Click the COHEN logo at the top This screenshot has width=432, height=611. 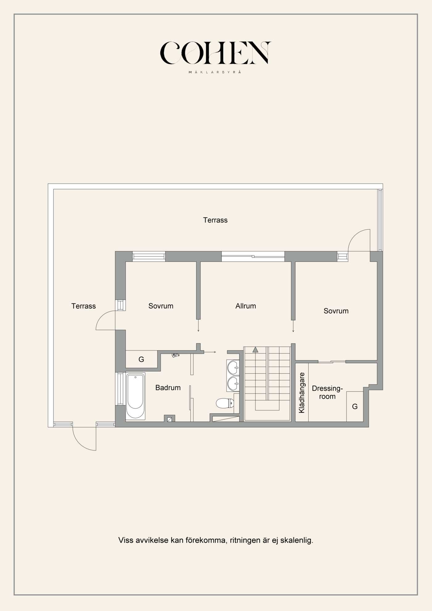click(215, 53)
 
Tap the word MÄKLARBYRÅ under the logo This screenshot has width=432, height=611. click(215, 72)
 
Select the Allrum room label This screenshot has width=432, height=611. click(246, 306)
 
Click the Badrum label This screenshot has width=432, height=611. click(168, 388)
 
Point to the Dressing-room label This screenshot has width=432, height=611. click(327, 392)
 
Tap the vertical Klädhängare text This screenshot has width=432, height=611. click(302, 393)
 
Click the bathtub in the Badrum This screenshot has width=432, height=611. click(135, 396)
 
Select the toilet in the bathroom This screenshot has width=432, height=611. click(225, 403)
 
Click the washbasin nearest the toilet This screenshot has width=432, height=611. click(233, 384)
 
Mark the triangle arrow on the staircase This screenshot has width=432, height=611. click(255, 350)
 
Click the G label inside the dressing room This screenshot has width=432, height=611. click(355, 406)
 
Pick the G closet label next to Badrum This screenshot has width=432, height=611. click(141, 359)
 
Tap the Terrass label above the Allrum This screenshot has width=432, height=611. click(215, 220)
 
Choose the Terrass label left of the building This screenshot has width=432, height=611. click(84, 306)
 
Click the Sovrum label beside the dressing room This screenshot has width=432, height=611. click(336, 311)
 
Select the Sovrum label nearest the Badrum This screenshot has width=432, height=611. click(161, 306)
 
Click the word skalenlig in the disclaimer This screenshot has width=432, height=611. click(297, 540)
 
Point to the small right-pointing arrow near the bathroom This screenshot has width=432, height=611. click(210, 352)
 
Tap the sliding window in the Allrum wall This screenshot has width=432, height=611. click(253, 256)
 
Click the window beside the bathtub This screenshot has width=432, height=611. click(120, 389)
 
